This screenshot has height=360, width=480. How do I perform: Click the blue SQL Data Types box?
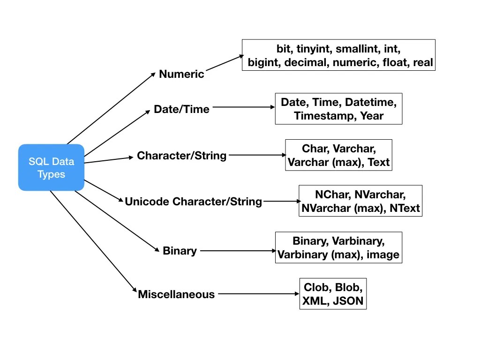pyautogui.click(x=51, y=167)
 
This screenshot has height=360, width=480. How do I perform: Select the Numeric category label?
pyautogui.click(x=181, y=74)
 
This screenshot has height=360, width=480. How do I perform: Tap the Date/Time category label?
pyautogui.click(x=181, y=109)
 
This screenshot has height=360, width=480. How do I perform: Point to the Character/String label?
pyautogui.click(x=181, y=156)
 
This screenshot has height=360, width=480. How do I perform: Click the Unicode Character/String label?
pyautogui.click(x=193, y=202)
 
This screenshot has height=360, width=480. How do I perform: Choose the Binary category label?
pyautogui.click(x=180, y=251)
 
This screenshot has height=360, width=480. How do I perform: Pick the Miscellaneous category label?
pyautogui.click(x=176, y=294)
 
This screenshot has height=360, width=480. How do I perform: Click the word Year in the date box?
pyautogui.click(x=372, y=116)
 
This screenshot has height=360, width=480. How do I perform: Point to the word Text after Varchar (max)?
pyautogui.click(x=379, y=162)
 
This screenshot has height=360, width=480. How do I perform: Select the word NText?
pyautogui.click(x=405, y=208)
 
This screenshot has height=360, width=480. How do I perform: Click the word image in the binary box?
pyautogui.click(x=382, y=255)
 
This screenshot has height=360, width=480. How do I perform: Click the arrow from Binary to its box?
pyautogui.click(x=238, y=251)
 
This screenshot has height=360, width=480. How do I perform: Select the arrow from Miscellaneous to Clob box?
pyautogui.click(x=258, y=294)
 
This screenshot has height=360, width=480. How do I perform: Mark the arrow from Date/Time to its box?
pyautogui.click(x=243, y=107)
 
